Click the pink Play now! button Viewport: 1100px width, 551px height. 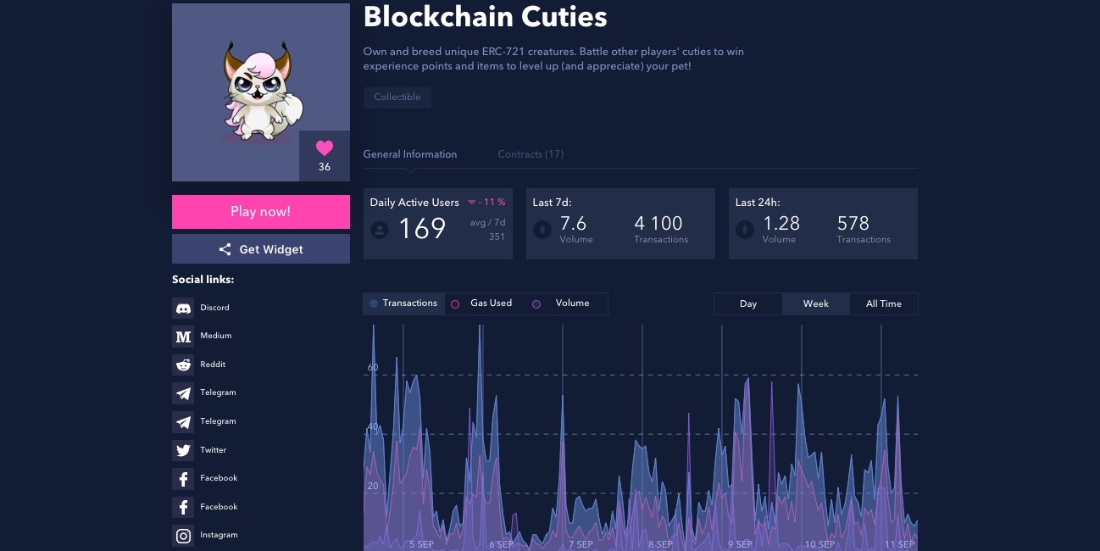pyautogui.click(x=260, y=212)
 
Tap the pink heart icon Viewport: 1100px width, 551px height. pyautogui.click(x=325, y=149)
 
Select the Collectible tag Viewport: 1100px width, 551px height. pyautogui.click(x=397, y=97)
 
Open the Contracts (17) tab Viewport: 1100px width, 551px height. pyautogui.click(x=531, y=154)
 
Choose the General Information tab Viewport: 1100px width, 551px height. pyautogui.click(x=410, y=154)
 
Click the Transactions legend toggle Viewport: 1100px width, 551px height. pyautogui.click(x=403, y=303)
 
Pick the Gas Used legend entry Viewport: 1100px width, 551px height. pyautogui.click(x=482, y=303)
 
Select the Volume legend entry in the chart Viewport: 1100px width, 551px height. pyautogui.click(x=563, y=303)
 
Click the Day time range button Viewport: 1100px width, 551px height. pyautogui.click(x=747, y=303)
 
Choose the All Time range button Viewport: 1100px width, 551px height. pyautogui.click(x=883, y=303)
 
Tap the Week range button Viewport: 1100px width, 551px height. pyautogui.click(x=815, y=303)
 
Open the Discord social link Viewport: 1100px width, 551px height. pyautogui.click(x=214, y=308)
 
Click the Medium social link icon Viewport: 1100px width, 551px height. pyautogui.click(x=183, y=337)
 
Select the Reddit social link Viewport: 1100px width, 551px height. pyautogui.click(x=212, y=365)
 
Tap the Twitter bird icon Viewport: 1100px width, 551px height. pyautogui.click(x=183, y=450)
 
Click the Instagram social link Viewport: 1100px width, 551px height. pyautogui.click(x=218, y=535)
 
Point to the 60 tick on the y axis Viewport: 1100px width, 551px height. pyautogui.click(x=373, y=368)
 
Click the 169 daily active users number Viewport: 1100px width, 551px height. pyautogui.click(x=421, y=229)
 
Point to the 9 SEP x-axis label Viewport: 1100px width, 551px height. pyautogui.click(x=740, y=544)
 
